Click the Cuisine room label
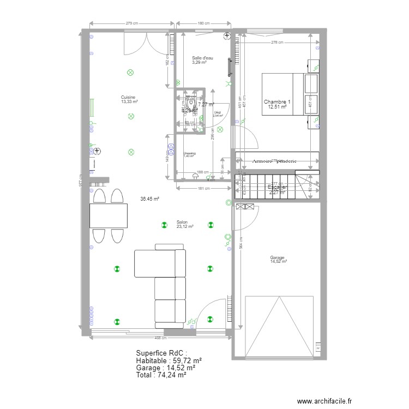[x=129, y=97]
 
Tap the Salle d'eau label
[x=202, y=58]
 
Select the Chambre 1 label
[x=277, y=102]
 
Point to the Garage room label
[x=278, y=258]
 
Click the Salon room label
[x=182, y=222]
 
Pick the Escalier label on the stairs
[x=278, y=187]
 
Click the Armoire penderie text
[x=274, y=161]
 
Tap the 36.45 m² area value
[x=149, y=199]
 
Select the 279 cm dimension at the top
[x=131, y=23]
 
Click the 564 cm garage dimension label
[x=240, y=245]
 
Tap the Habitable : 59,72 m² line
[x=169, y=360]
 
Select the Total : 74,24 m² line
[x=161, y=375]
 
